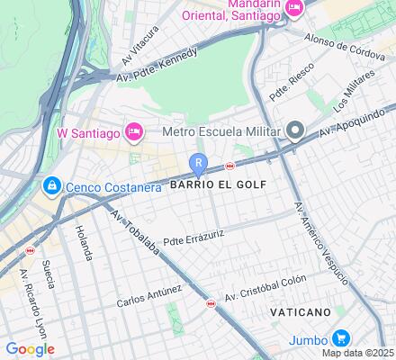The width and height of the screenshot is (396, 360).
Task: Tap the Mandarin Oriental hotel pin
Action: coord(294,8)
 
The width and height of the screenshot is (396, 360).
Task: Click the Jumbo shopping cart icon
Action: coord(340,338)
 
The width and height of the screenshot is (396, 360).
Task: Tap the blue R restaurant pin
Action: coord(198,164)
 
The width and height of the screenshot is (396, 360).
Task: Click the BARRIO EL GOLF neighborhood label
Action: coord(218,184)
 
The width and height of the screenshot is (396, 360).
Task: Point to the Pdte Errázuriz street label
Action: coord(193,237)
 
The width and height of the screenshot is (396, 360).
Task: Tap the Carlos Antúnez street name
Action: coord(149,296)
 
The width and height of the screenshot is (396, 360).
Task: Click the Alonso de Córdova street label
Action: coord(345,46)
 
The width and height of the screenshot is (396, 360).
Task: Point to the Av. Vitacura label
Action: coord(139,46)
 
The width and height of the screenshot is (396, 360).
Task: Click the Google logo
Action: coord(30,349)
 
